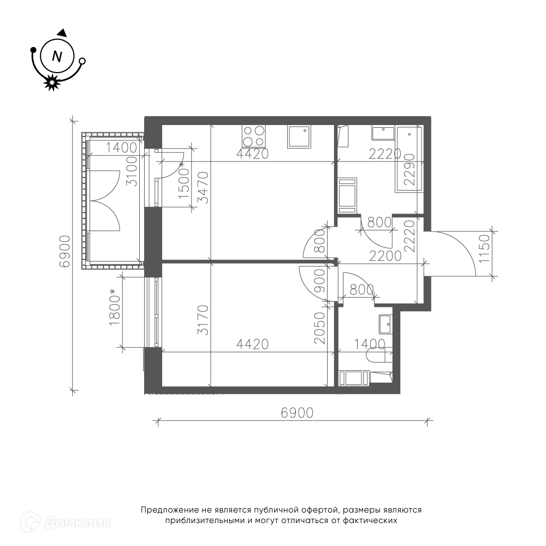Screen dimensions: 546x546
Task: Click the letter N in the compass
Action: point(57,56)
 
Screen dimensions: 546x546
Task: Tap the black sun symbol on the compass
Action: point(51,82)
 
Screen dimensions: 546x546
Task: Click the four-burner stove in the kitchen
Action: point(254,136)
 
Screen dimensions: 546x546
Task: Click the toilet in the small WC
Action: point(379,355)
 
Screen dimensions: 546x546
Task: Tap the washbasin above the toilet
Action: point(385,325)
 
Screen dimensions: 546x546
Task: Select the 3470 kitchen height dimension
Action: point(204,187)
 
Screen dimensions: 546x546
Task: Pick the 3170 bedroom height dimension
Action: point(203,320)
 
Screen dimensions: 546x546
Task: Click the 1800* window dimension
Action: point(115,307)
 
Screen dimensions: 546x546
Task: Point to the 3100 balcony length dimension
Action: point(132,171)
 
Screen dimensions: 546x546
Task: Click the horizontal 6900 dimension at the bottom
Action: point(297,413)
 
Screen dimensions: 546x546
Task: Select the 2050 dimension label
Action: point(319,328)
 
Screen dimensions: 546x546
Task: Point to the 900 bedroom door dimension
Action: point(319,281)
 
